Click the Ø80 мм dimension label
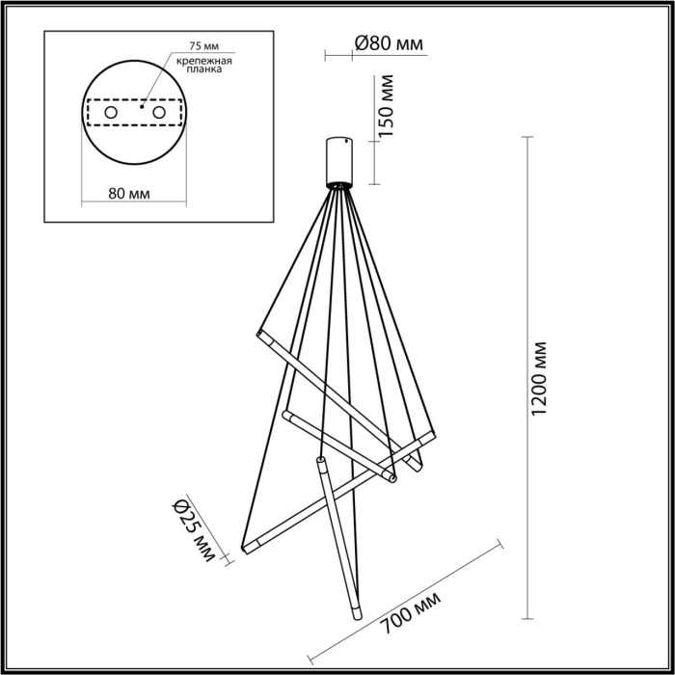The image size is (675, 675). (390, 43)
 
